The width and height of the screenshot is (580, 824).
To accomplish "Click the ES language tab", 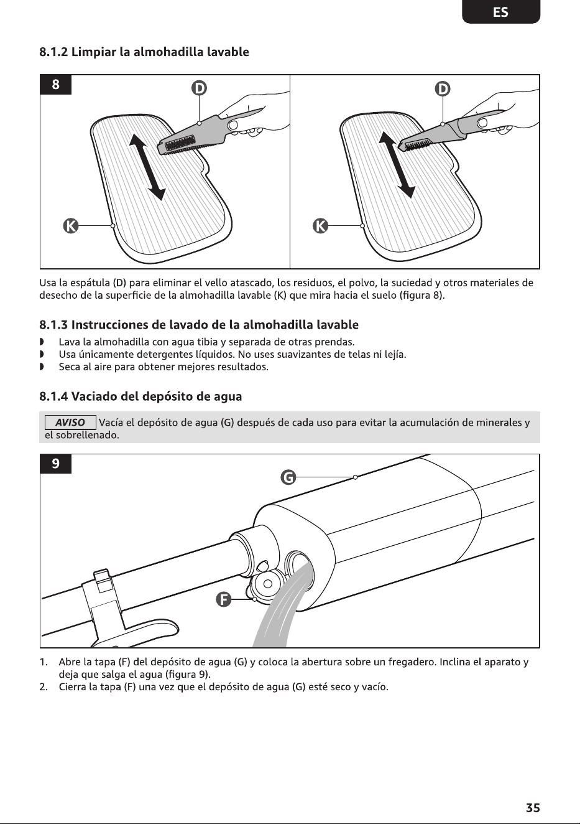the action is [501, 12].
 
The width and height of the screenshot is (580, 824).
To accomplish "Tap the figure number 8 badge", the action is [55, 85].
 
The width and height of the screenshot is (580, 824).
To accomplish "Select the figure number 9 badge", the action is [55, 464].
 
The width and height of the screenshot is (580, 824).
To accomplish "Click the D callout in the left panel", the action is [199, 88].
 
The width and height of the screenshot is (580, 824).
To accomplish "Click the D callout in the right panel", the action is [443, 88].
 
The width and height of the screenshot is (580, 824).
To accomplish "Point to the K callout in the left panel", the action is [71, 226].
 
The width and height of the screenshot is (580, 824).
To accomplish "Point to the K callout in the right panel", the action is [320, 226].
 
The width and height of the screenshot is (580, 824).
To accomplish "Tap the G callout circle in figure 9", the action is [288, 477].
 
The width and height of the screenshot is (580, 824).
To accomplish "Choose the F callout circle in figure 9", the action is [223, 599].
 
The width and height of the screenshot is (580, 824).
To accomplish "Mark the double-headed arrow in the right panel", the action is [397, 165].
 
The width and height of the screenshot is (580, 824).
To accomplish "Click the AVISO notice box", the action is [70, 423].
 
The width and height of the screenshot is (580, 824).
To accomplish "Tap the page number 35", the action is [533, 808].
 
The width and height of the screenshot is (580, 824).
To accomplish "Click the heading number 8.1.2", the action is [53, 52].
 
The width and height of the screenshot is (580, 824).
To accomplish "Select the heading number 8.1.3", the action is [53, 325].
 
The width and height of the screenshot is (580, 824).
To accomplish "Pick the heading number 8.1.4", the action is [53, 396].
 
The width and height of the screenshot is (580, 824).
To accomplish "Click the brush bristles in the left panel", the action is [179, 145].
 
